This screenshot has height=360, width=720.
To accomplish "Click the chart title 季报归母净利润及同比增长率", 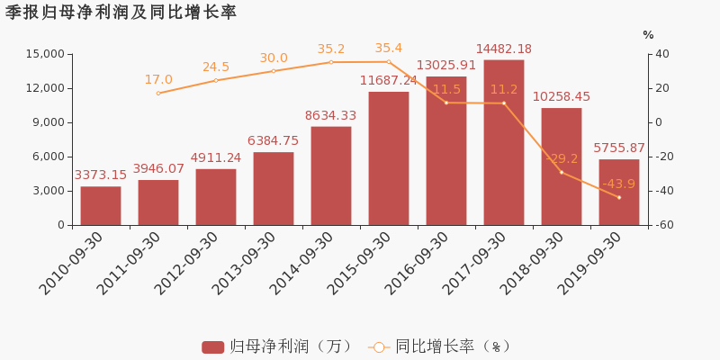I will coord(121,13).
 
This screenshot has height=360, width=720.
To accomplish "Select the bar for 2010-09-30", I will coord(101,205).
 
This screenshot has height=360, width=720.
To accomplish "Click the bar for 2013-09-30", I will coord(274,188).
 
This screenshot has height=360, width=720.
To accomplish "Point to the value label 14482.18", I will coord(504,49).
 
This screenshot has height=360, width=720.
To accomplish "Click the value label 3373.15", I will coord(101,175).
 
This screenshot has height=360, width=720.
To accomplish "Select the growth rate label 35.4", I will coord(389,49).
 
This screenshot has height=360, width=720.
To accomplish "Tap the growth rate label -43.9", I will coord(618,184).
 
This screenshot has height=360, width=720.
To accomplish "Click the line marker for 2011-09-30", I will coord(158,94).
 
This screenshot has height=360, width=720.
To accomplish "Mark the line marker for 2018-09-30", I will coord(562,172).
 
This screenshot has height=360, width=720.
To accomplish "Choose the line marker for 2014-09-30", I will coord(331,62).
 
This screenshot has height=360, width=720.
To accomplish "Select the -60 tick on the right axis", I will coord(663,225).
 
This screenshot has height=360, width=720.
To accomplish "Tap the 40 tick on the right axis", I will coord(661,54).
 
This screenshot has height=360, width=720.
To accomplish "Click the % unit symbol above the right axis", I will coord(648,35).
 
